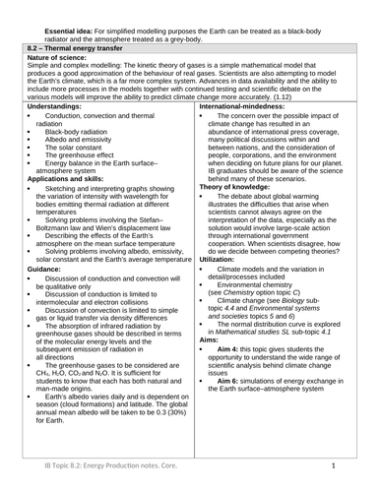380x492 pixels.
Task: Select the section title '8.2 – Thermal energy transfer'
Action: tap(66, 46)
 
